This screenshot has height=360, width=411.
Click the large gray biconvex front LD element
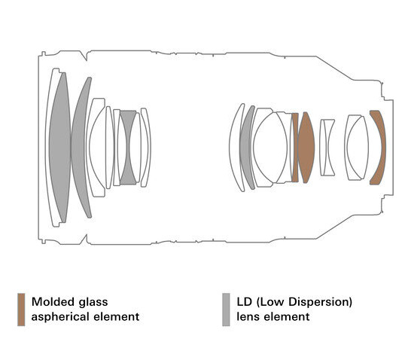click(x=59, y=147)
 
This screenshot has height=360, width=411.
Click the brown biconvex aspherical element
click(x=306, y=148)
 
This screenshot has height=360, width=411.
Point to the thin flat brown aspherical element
click(x=295, y=148)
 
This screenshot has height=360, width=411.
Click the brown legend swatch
click(x=21, y=310)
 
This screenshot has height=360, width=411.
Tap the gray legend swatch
click(x=226, y=310)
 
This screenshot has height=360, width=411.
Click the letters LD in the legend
click(x=245, y=302)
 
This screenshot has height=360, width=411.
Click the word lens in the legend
click(x=248, y=317)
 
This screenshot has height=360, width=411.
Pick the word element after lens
click(x=287, y=317)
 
